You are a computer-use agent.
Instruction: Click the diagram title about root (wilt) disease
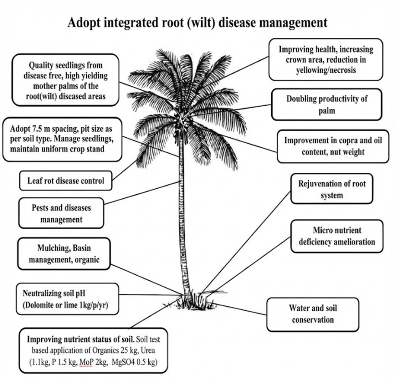[197, 22]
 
